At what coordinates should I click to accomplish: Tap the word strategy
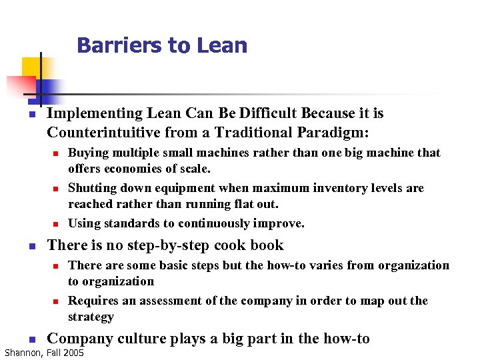pyautogui.click(x=91, y=317)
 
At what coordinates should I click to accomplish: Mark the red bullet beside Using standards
pyautogui.click(x=57, y=224)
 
